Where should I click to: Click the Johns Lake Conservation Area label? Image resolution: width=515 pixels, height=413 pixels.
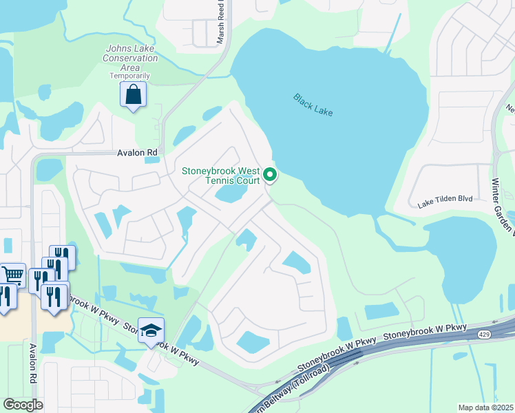[x=132, y=58]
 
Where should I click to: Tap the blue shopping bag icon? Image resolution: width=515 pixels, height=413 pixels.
[x=134, y=95]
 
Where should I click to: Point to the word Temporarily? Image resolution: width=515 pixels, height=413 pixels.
[x=130, y=76]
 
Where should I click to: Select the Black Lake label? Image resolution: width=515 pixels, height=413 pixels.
[x=313, y=105]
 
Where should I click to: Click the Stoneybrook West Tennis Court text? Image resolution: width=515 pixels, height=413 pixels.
[x=220, y=176]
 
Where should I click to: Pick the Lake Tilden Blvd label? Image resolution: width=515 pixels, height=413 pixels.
[x=445, y=198]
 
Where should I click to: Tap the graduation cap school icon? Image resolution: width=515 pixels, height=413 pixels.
[x=151, y=330]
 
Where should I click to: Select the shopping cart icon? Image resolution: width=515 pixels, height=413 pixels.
[x=12, y=275]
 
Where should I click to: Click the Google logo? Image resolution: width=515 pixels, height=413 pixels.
[x=23, y=404]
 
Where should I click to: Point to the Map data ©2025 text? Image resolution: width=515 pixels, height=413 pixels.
[x=485, y=407]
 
